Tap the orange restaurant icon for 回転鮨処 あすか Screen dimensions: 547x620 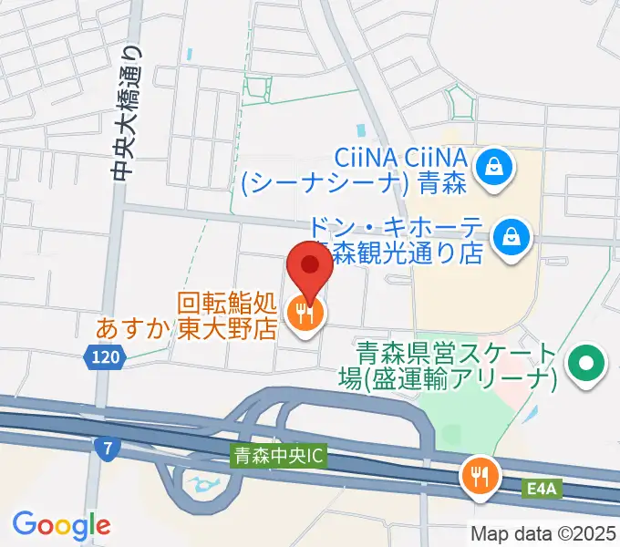coord(305,315)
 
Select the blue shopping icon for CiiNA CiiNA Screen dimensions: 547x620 coord(494,167)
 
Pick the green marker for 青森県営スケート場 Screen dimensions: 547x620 coord(585,366)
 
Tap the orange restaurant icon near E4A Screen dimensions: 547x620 coord(479,475)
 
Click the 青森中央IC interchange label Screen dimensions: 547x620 coord(277,453)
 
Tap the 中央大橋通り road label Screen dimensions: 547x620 coord(127,112)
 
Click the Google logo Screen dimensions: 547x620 coord(61,525)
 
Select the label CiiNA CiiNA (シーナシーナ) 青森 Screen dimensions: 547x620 coord(355,170)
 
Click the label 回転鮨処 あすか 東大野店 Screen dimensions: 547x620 coord(227,315)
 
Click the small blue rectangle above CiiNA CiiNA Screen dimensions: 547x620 coord(361,130)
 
